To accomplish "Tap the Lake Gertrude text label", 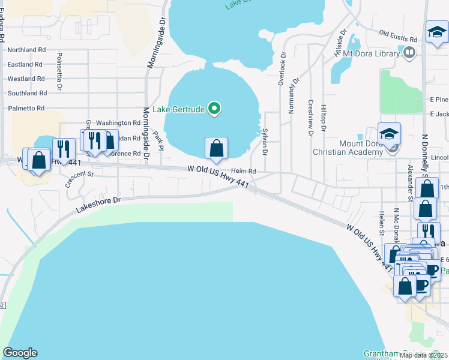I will [179, 109].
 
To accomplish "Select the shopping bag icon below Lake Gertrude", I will [216, 148].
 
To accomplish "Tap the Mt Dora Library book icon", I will [409, 53].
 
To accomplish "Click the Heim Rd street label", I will [244, 172].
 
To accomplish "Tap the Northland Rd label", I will [26, 50].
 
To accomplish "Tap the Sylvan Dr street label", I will [265, 142].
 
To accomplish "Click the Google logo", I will [20, 353].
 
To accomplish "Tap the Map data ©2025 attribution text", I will [423, 355].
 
